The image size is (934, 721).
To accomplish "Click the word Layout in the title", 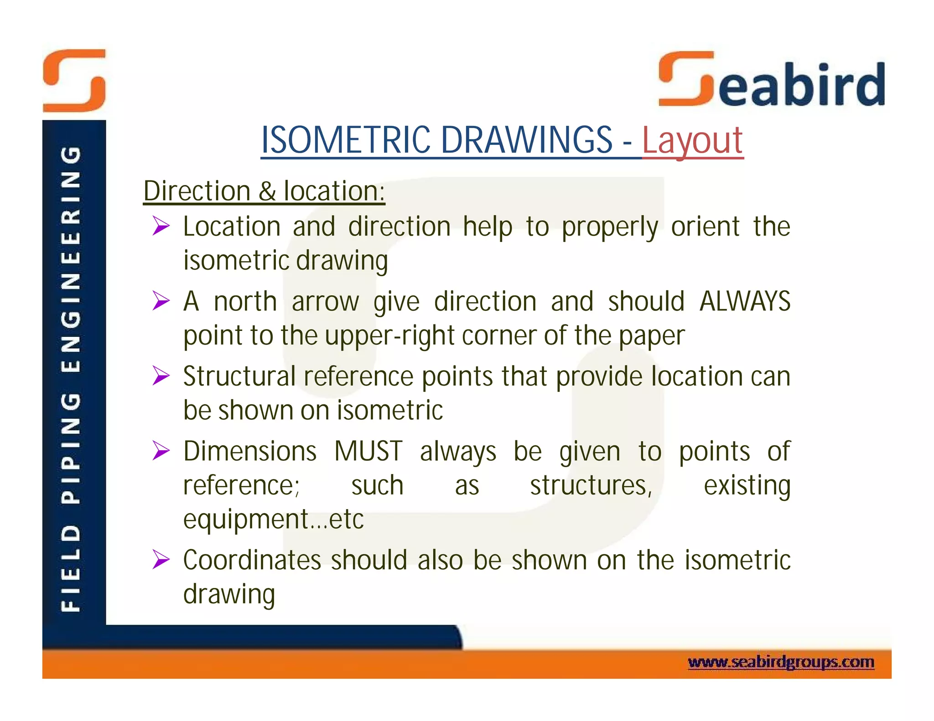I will pos(692,140).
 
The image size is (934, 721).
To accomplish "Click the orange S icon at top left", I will pos(74,81).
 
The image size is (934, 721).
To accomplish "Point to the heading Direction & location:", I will pos(264,191).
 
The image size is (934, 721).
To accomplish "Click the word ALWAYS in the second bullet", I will pos(744,301).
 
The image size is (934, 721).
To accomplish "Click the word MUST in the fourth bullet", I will pos(368,451).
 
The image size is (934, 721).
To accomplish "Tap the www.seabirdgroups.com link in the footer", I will pos(780,662).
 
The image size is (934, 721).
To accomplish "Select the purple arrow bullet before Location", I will pos(161,226).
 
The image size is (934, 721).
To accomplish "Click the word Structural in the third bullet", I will pos(239,376).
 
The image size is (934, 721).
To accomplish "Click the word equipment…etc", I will pos(273,519).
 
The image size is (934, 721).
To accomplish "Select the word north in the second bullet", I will pos(245,302).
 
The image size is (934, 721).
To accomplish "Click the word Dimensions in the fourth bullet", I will pos(249,451).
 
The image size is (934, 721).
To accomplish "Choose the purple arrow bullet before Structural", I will pos(161,376).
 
